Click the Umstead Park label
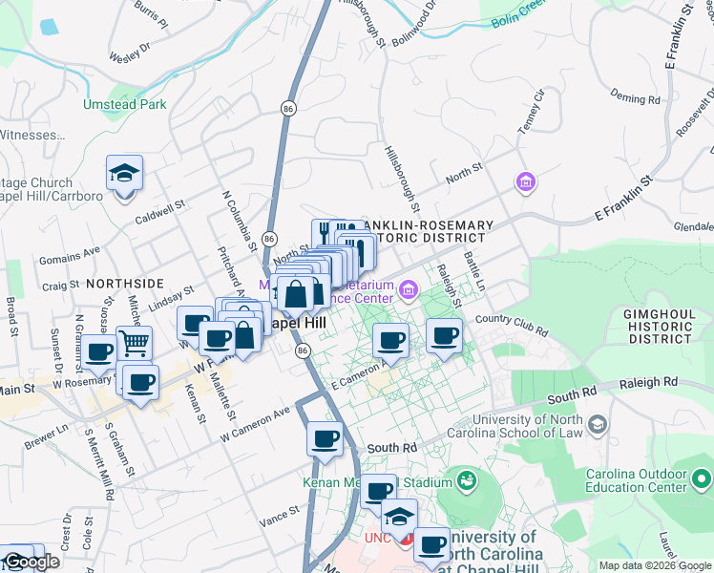tap(125, 104)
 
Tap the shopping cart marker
tap(135, 343)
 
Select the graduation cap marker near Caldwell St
tap(124, 174)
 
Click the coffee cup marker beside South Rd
tap(325, 438)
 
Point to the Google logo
tap(31, 562)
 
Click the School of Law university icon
tap(597, 423)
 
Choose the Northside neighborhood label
tap(125, 284)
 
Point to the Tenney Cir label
tap(531, 108)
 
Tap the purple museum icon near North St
tap(524, 181)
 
